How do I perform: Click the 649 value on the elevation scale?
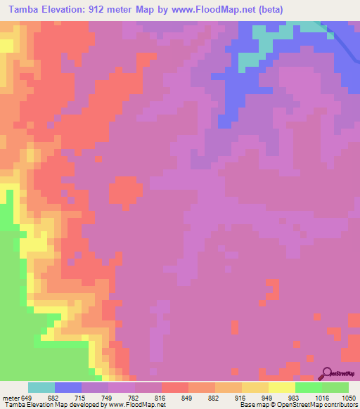coord(27,396)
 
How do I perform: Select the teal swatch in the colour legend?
coord(41,387)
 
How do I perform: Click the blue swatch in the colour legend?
coord(68,387)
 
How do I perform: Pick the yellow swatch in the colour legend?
coord(282,387)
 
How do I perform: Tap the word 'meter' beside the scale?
coord(10,396)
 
